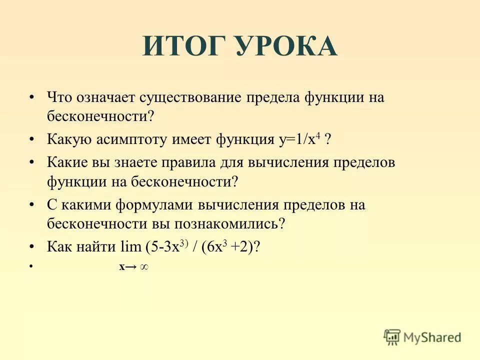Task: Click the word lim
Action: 130,247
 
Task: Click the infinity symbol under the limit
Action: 143,266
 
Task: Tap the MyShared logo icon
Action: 392,336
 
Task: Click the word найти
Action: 98,247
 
